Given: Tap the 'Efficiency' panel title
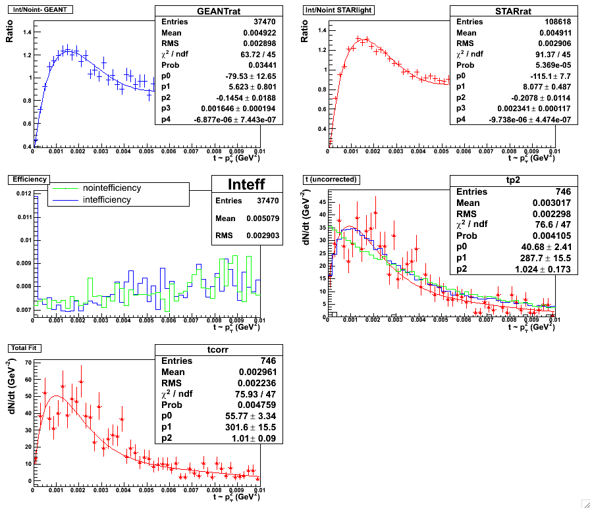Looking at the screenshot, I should (x=24, y=178).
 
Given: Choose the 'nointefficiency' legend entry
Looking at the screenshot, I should (x=111, y=188).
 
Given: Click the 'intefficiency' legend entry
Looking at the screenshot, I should (x=107, y=199).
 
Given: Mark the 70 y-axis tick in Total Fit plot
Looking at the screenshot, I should (x=27, y=362).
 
